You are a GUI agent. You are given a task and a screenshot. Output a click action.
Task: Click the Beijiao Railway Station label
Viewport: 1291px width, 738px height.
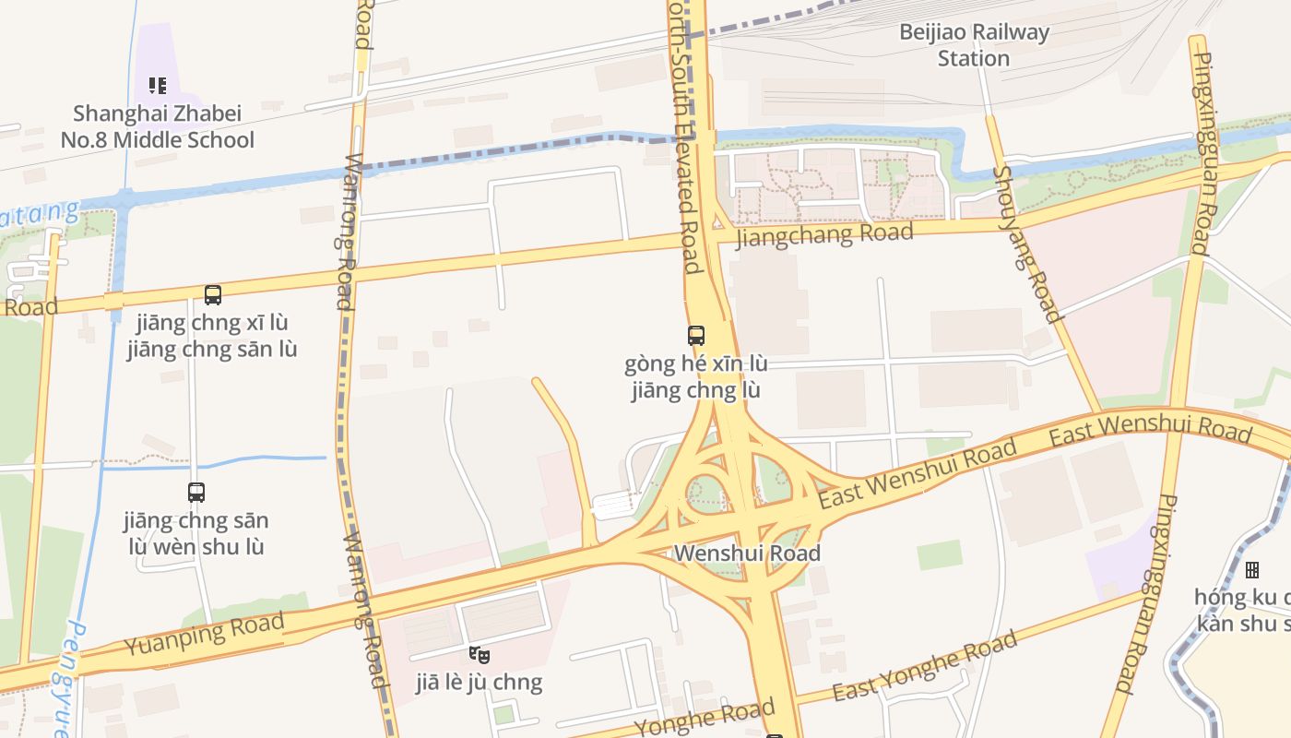975,45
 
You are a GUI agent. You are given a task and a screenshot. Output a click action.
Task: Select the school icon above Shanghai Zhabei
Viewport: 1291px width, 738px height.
158,86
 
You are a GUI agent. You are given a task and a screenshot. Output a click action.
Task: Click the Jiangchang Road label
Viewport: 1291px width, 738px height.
825,233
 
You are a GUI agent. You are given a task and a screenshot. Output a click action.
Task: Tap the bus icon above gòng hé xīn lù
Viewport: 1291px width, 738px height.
696,336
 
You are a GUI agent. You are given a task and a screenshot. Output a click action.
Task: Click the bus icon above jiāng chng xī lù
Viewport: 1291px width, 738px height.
213,295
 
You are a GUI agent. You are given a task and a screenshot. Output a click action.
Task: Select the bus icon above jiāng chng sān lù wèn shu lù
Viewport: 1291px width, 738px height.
196,493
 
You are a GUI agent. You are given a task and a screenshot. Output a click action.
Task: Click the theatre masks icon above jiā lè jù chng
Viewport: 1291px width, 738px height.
479,655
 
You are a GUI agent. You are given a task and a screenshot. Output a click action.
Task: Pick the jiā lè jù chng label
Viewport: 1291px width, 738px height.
479,683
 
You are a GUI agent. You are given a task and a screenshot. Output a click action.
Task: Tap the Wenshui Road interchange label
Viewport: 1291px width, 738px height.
747,553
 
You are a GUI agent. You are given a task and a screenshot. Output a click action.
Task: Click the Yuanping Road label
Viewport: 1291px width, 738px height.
204,635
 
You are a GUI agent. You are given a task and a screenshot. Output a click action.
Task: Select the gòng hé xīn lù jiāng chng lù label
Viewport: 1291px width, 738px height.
696,376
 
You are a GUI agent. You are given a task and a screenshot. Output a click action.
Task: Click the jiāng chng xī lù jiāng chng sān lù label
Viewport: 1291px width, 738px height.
212,336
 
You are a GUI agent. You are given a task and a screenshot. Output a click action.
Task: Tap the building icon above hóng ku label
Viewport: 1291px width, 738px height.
1251,570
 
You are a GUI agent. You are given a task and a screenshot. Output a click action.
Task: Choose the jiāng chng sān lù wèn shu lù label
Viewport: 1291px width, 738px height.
195,533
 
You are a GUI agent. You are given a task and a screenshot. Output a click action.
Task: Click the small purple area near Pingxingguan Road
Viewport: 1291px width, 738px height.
1118,563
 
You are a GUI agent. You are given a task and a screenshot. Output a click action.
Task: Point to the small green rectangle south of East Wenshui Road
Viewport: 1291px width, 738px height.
940,555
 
